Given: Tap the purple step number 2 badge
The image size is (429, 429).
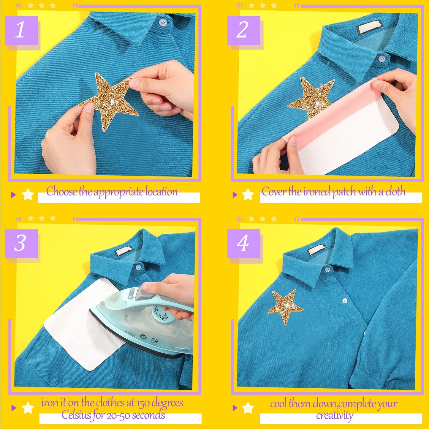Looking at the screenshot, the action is click(244, 30).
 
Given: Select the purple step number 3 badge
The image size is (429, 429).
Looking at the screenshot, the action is click(21, 243).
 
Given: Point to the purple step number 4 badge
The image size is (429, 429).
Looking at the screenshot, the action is click(244, 243).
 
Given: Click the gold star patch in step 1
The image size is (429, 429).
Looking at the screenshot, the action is click(109, 100).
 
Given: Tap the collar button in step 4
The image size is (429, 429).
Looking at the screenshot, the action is click(327, 270).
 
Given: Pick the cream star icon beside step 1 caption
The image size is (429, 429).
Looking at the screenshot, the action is click(28, 194).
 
